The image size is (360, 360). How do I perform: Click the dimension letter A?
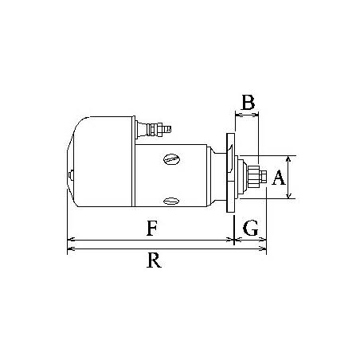coord(279,177)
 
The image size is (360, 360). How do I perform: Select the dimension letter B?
coord(248,102)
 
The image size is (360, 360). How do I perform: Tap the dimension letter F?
coord(151,229)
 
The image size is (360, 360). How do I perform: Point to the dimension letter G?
coord(250,229)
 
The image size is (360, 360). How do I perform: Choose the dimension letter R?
coord(155,260)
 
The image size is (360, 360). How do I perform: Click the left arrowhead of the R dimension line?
coord(71,249)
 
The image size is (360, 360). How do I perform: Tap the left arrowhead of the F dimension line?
coord(71,238)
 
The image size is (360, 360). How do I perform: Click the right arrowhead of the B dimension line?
coord(256,115)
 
